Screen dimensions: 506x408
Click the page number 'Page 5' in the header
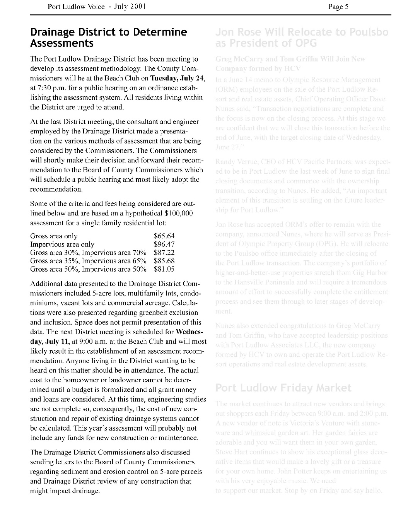338,7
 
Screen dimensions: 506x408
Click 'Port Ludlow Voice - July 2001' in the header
96,7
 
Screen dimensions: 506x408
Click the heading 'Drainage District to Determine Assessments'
108,37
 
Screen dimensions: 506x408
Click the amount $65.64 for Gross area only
164,236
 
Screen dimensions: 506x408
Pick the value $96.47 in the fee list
164,244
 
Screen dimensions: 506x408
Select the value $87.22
164,253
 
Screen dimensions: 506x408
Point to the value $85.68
164,261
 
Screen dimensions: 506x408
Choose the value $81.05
164,269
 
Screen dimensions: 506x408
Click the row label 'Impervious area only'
62,244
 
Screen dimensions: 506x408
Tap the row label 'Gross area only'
54,236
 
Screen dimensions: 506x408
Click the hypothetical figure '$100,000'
178,214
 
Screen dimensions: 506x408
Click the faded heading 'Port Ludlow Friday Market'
283,388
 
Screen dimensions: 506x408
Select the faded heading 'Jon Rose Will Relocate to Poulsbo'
302,32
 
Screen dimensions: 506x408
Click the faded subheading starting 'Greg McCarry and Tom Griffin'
290,59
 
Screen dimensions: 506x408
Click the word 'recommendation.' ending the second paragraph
56,189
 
